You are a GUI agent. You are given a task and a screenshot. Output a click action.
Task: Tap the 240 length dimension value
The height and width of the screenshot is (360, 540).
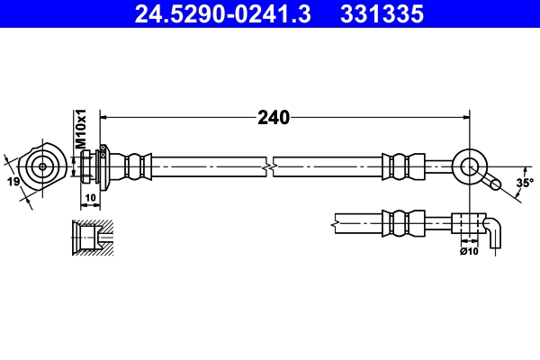click(273, 117)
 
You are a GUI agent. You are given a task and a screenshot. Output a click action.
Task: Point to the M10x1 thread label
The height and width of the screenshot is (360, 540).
click(79, 130)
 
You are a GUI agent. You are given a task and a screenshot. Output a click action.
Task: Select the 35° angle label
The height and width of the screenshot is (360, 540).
click(524, 183)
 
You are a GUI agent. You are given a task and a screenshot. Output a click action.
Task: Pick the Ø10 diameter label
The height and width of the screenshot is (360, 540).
click(468, 250)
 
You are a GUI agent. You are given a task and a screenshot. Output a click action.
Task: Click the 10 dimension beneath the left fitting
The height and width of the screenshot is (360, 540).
click(91, 197)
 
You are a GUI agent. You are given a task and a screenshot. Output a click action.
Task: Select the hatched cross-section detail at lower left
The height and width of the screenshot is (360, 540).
click(90, 238)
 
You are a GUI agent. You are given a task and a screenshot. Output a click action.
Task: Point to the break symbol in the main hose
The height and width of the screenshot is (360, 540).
click(269, 166)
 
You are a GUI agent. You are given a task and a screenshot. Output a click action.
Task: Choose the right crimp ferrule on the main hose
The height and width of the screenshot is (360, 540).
click(402, 166)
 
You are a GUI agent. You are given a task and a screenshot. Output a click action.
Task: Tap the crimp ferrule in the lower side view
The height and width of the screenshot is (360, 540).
click(402, 221)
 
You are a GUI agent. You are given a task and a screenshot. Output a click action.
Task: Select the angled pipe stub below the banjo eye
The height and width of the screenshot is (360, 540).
click(491, 183)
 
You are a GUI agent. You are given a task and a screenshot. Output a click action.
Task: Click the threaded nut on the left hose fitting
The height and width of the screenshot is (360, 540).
click(87, 166)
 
